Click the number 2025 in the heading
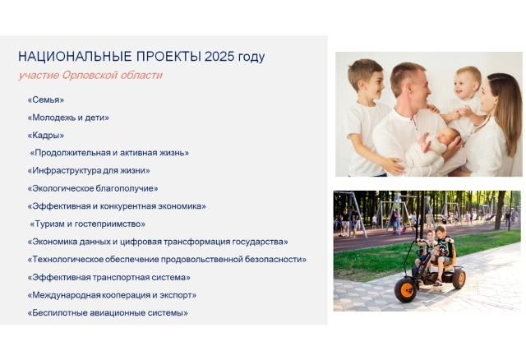(x=219, y=57)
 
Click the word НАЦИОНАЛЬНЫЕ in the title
(x=75, y=57)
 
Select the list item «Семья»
(x=46, y=99)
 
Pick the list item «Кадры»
(x=46, y=136)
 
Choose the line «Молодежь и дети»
(x=68, y=118)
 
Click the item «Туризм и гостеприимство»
(x=88, y=224)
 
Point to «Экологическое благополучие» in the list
(x=93, y=188)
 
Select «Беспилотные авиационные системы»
(x=108, y=312)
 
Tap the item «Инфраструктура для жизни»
(x=89, y=170)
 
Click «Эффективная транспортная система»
(x=109, y=278)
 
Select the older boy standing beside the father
(x=366, y=118)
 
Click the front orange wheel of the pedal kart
(x=406, y=290)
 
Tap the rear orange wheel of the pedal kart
(x=459, y=279)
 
